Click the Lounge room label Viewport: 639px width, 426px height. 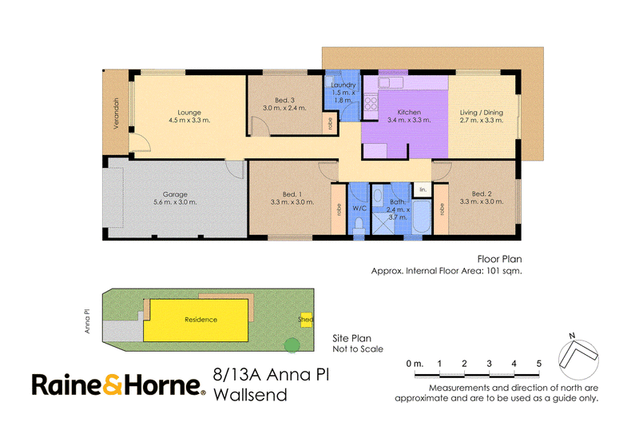(x=189, y=113)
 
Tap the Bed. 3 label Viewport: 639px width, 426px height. (x=284, y=100)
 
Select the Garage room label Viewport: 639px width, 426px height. (x=175, y=194)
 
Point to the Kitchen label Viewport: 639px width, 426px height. (x=409, y=112)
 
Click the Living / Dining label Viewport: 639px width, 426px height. (x=482, y=113)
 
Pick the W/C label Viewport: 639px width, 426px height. (x=359, y=209)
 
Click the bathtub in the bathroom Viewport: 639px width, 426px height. (x=422, y=217)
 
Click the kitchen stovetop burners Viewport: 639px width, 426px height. (x=371, y=102)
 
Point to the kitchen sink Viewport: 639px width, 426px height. (x=391, y=83)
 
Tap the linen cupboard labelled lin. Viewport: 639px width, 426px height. (x=423, y=189)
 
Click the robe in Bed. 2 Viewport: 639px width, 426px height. (x=442, y=209)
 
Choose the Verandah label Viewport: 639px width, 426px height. (x=116, y=113)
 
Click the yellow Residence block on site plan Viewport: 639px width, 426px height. (x=196, y=320)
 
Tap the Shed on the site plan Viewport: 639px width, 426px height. (x=306, y=320)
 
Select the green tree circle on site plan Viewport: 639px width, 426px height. (x=292, y=346)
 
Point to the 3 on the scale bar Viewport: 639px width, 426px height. (x=489, y=364)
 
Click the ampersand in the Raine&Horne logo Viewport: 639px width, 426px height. (x=112, y=384)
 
